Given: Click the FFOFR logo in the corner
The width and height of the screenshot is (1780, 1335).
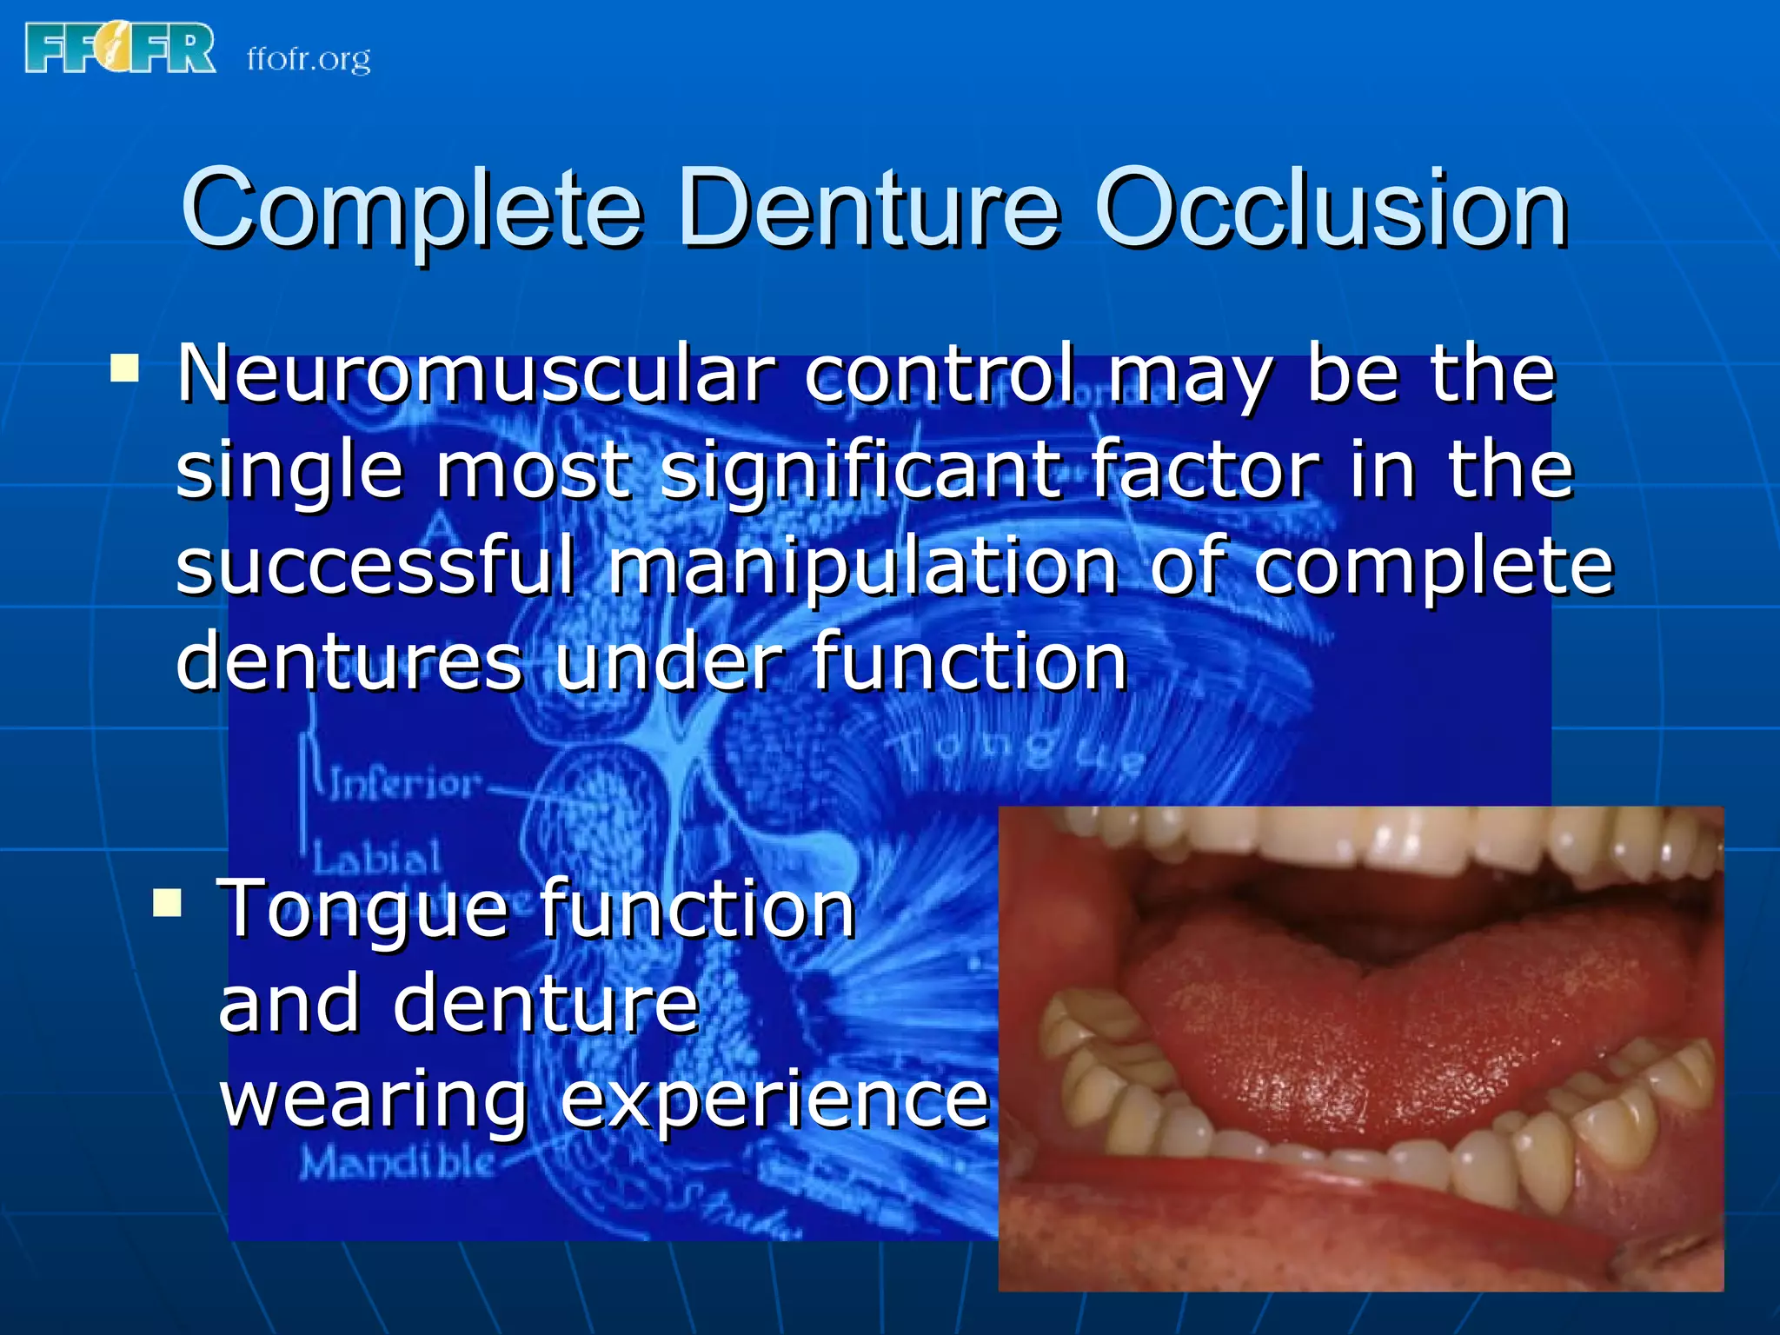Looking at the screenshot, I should pos(120,49).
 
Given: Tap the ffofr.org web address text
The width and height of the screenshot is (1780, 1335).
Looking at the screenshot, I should pos(309,59).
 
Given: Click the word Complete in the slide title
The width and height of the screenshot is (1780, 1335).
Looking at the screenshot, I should pos(411,209).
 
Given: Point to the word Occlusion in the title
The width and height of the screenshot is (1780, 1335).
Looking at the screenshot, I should pos(1331,209).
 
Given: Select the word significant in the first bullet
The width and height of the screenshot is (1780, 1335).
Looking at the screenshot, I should pos(860,470).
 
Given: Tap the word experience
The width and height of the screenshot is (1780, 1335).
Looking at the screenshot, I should pos(774,1099).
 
